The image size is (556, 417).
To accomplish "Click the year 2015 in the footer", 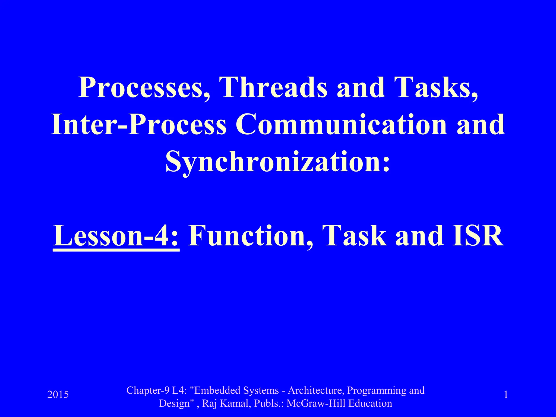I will (58, 394).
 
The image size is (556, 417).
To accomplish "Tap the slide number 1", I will (506, 394).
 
